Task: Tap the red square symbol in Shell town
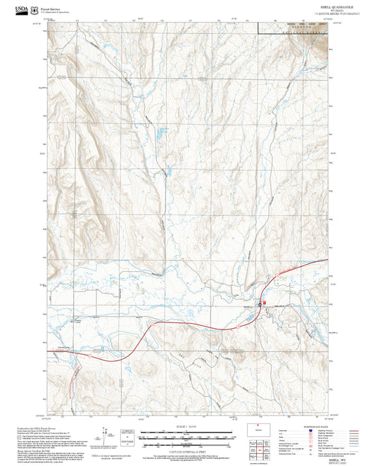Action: tap(265, 303)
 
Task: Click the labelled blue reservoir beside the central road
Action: tap(163, 131)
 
